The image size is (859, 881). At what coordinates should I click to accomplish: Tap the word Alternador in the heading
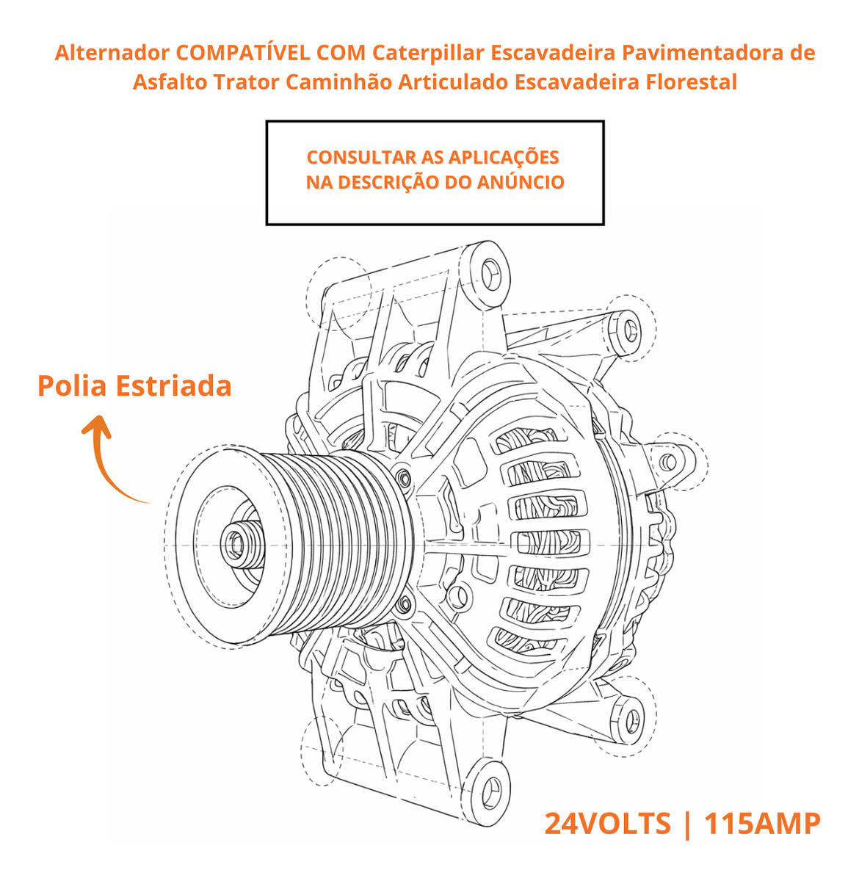112,53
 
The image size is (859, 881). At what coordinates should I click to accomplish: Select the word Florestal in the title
691,82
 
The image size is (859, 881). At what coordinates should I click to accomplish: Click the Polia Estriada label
134,385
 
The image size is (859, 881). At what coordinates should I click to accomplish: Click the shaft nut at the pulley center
236,544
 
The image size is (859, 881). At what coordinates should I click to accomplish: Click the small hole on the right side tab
668,463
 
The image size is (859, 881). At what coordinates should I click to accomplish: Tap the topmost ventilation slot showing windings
526,440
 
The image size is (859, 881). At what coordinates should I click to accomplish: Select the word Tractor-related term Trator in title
247,82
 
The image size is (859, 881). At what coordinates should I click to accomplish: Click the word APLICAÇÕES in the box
504,158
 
